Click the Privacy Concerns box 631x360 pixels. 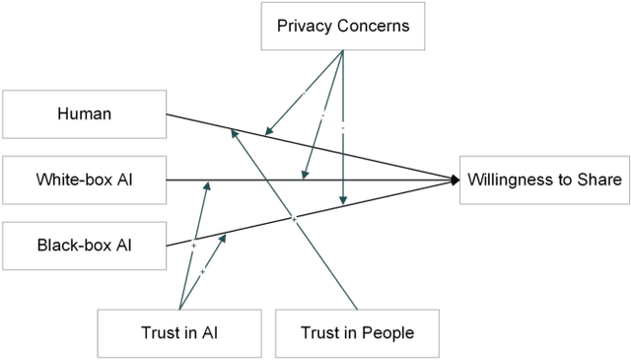tap(343, 25)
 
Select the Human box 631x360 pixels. tap(84, 114)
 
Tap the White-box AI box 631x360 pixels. tap(84, 180)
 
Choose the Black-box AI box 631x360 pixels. tap(84, 246)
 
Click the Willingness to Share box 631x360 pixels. tap(544, 180)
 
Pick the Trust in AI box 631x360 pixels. tap(179, 332)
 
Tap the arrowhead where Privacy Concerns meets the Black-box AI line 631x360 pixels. tap(343, 201)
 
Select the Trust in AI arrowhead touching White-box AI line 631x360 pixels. tap(207, 183)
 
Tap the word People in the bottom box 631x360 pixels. tap(388, 332)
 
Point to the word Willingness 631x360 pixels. tap(515, 180)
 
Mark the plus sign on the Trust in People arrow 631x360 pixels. tap(294, 218)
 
